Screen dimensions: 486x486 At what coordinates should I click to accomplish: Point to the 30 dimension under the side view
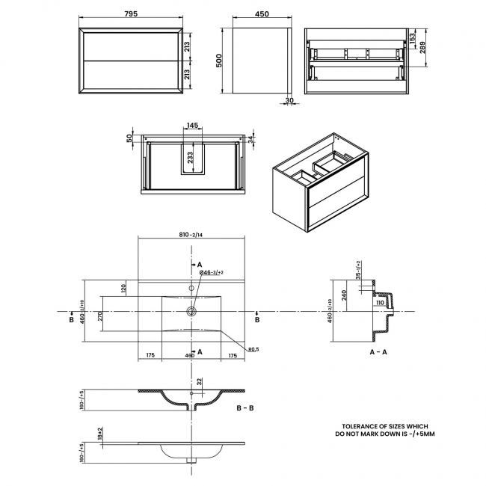click(x=289, y=102)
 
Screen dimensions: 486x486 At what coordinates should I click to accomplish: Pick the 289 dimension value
click(x=424, y=46)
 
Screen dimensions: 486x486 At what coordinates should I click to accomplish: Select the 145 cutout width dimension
click(x=192, y=126)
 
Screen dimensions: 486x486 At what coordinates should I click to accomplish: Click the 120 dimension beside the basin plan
click(x=123, y=287)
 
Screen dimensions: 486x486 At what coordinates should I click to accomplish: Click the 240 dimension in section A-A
click(x=345, y=294)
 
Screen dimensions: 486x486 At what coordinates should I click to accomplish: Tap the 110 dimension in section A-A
click(x=379, y=302)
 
